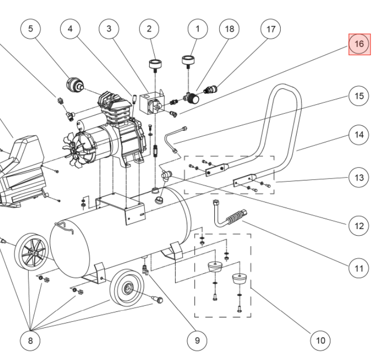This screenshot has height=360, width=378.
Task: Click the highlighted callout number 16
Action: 359,44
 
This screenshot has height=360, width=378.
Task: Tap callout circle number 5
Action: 31,29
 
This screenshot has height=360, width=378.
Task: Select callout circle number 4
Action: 70,29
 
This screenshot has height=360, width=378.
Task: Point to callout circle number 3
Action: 109,29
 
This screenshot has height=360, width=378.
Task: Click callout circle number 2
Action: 149,29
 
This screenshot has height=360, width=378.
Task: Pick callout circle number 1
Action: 197,29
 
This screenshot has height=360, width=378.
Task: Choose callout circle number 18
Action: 229,29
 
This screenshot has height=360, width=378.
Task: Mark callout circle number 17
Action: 271,29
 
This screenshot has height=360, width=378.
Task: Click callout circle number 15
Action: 358,96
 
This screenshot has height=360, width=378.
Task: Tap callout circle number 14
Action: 358,135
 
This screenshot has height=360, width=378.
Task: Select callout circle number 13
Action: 358,177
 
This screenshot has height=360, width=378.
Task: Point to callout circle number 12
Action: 358,226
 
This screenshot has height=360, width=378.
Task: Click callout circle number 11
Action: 358,269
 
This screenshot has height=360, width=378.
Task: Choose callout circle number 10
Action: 320,341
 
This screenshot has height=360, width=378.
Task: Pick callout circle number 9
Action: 197,341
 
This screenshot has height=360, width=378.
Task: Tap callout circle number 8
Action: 30,341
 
